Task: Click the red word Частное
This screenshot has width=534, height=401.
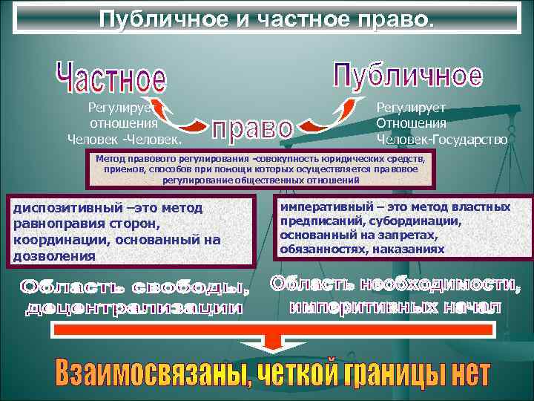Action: [111, 78]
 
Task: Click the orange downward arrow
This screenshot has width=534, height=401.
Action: [271, 339]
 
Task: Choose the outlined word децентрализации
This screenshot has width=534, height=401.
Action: [133, 307]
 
